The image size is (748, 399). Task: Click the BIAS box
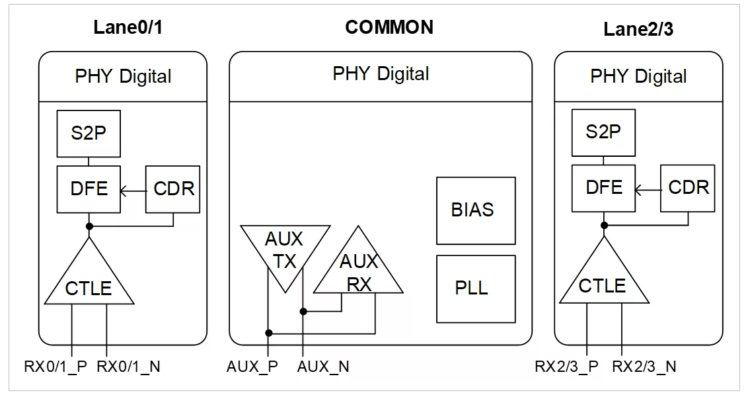[476, 210]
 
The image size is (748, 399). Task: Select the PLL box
[476, 289]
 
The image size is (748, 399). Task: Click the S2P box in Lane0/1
[89, 134]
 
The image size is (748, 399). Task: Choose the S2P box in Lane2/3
[603, 132]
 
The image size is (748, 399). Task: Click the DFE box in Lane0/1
[89, 189]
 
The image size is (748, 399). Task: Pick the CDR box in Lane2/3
[687, 189]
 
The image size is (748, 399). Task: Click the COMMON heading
[389, 27]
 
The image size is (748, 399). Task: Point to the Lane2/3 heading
[638, 29]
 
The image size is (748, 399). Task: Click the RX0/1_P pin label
[56, 367]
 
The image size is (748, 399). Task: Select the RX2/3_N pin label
[644, 367]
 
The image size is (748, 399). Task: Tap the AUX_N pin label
[323, 367]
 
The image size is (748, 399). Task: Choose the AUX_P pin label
[252, 367]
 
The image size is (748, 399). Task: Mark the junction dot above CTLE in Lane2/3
[604, 225]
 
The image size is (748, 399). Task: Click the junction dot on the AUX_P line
[268, 333]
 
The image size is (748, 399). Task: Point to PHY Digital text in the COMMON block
[381, 74]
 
